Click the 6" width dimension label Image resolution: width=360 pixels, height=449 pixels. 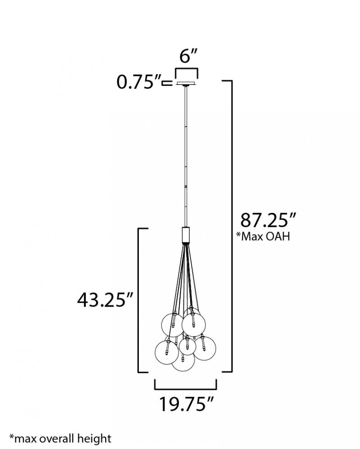point(189,56)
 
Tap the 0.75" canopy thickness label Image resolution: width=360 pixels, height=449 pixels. point(138,82)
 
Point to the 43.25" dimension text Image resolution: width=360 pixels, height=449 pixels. point(105,300)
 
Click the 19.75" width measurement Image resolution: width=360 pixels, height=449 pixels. point(187,404)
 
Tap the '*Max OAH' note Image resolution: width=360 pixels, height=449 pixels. point(262,237)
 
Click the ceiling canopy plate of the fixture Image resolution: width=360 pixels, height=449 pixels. point(187,84)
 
